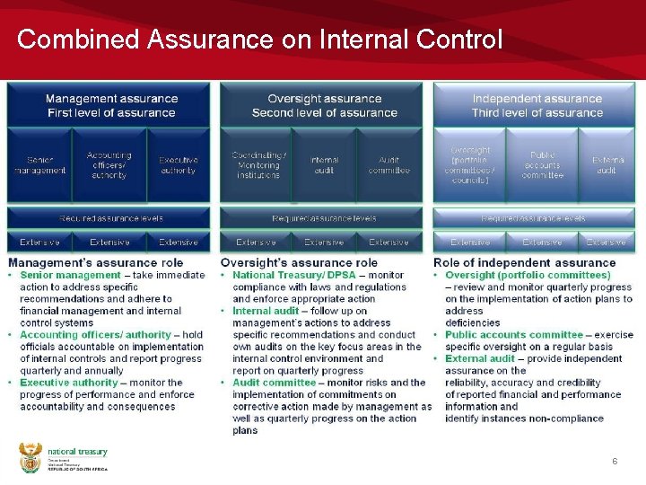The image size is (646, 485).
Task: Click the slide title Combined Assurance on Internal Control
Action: [x=259, y=40]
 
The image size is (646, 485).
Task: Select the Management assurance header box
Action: [x=110, y=105]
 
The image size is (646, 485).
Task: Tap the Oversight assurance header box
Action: [x=324, y=105]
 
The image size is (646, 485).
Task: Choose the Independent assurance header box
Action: [x=537, y=105]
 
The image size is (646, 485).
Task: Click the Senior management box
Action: [x=39, y=165]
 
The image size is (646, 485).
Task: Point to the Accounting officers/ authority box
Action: [x=109, y=165]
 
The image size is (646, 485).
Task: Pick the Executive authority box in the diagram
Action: [x=178, y=165]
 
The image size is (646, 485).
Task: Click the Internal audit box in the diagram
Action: [x=324, y=165]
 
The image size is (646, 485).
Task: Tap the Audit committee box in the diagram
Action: [x=388, y=165]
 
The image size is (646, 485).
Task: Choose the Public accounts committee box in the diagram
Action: [x=542, y=165]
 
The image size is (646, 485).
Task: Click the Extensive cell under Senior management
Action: [x=39, y=242]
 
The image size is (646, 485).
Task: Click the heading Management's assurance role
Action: [x=96, y=262]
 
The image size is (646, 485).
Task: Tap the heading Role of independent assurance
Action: [x=525, y=262]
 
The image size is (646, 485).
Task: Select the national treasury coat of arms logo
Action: [x=30, y=458]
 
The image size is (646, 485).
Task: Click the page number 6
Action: [x=615, y=461]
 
